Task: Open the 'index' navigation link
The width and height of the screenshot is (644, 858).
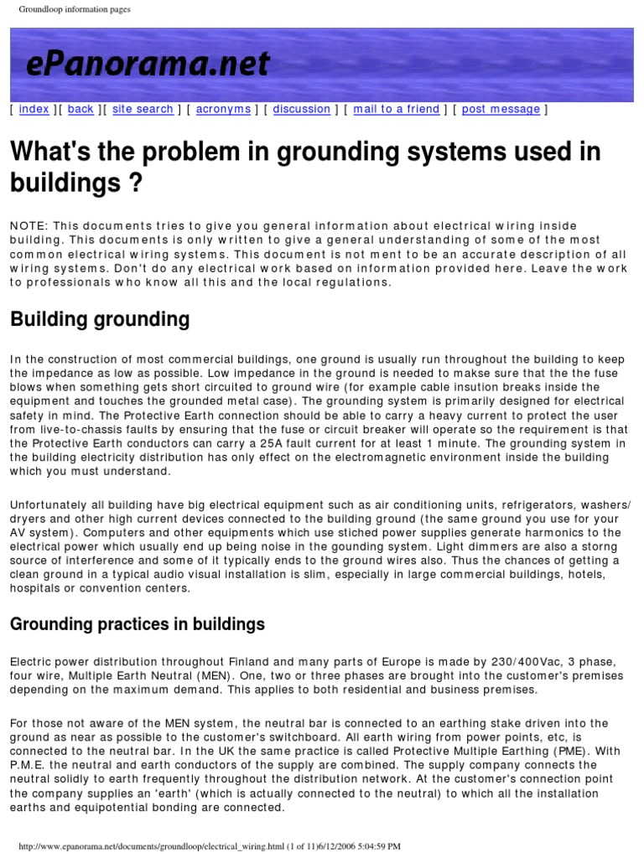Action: click(34, 109)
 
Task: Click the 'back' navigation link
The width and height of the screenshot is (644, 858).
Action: click(80, 109)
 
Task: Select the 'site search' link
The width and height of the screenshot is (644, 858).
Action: click(143, 109)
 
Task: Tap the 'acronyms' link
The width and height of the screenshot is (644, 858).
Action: click(223, 109)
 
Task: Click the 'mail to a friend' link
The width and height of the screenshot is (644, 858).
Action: click(396, 109)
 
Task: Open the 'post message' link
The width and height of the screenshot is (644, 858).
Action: click(501, 109)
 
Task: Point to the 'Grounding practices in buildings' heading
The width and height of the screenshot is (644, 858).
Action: click(137, 624)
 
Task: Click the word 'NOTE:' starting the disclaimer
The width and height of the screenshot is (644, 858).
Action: click(28, 227)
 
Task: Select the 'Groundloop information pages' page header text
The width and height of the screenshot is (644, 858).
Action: click(74, 9)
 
